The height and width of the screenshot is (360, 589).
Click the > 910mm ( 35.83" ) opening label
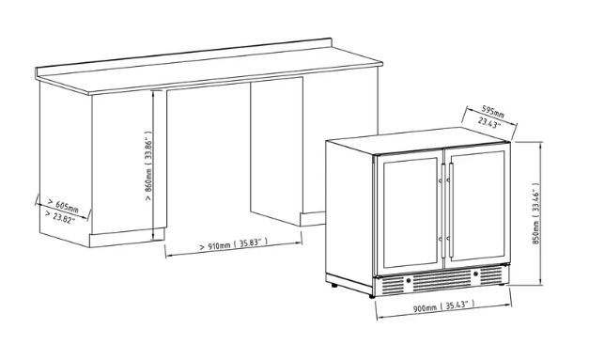(233, 244)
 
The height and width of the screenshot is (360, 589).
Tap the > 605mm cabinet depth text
(61, 205)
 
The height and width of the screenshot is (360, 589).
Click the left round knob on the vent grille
(409, 279)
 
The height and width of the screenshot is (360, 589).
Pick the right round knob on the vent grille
(476, 276)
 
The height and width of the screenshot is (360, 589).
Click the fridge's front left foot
(331, 282)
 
